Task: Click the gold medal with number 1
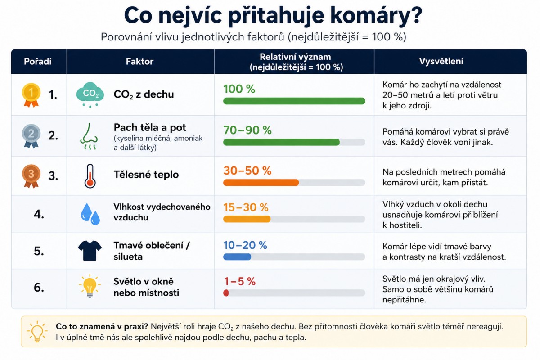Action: tap(31, 95)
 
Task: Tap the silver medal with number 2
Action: tap(31, 136)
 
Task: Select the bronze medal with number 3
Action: tap(31, 176)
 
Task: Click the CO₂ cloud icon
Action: tap(90, 95)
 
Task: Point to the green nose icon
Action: tap(89, 136)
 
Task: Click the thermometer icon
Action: tap(90, 176)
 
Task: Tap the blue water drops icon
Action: tap(90, 214)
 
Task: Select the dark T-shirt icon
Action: tap(90, 251)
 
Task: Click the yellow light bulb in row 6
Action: tap(90, 286)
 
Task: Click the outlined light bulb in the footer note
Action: tap(37, 331)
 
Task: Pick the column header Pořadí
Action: tap(38, 62)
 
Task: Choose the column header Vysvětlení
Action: tap(441, 62)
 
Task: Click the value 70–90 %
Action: tap(247, 130)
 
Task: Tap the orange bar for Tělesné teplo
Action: tap(261, 183)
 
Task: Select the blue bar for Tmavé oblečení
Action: tap(237, 257)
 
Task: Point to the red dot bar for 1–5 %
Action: tap(226, 293)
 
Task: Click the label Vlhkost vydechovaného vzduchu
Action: tap(162, 212)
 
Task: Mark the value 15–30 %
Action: tap(246, 207)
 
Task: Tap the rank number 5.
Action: tap(39, 251)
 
